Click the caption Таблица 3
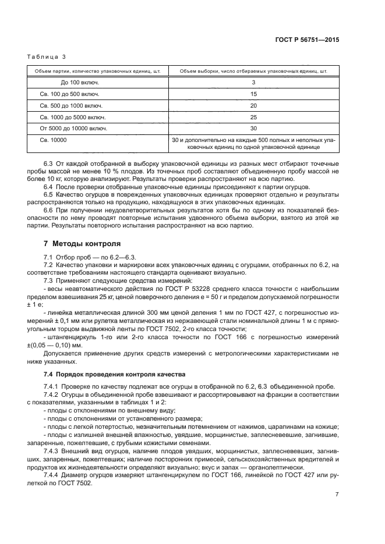tap(47, 56)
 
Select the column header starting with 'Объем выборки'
tap(253, 71)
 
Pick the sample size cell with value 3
tap(253, 83)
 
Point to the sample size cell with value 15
tap(253, 94)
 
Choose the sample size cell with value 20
tap(253, 105)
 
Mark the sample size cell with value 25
tap(253, 116)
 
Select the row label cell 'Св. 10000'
tap(54, 140)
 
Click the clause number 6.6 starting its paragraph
tap(48, 209)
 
